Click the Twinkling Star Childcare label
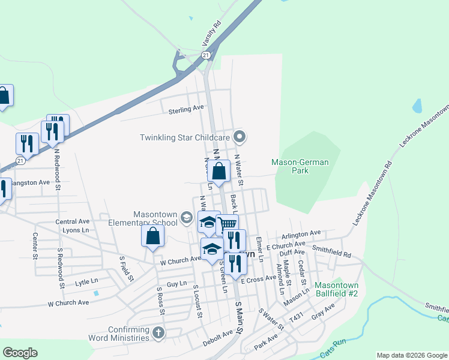point(185,137)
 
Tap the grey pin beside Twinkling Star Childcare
point(240,137)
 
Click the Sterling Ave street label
point(185,109)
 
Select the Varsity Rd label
point(216,34)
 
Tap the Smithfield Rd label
point(331,254)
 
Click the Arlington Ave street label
point(302,234)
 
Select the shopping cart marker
point(227,224)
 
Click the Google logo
point(20,353)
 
